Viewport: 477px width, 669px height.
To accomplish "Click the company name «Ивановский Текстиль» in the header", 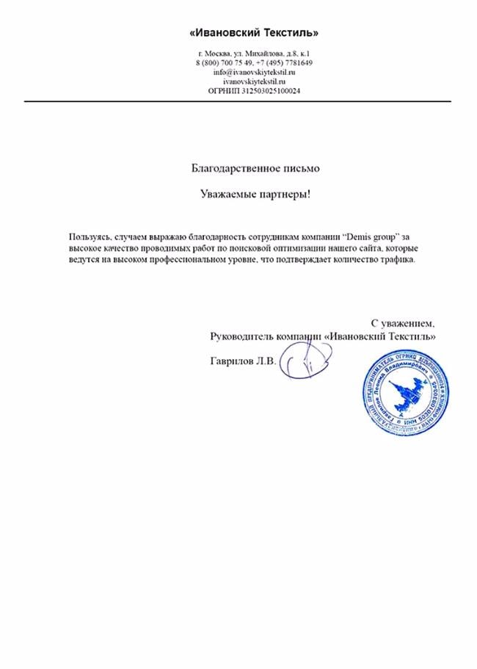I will (x=255, y=33).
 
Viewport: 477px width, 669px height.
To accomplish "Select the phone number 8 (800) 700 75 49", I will (x=225, y=63).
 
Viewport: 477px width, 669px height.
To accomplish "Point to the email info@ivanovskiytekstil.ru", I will (x=254, y=73).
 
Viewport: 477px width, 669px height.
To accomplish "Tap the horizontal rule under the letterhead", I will (x=238, y=101).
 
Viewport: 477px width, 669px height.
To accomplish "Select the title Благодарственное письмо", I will (x=255, y=168).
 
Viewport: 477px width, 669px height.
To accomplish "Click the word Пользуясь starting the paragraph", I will (x=90, y=237).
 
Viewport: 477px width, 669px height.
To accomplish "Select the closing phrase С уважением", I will (x=403, y=322).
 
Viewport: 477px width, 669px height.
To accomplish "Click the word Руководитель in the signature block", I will (x=241, y=336).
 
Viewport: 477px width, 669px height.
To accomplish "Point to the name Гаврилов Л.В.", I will (x=242, y=361).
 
